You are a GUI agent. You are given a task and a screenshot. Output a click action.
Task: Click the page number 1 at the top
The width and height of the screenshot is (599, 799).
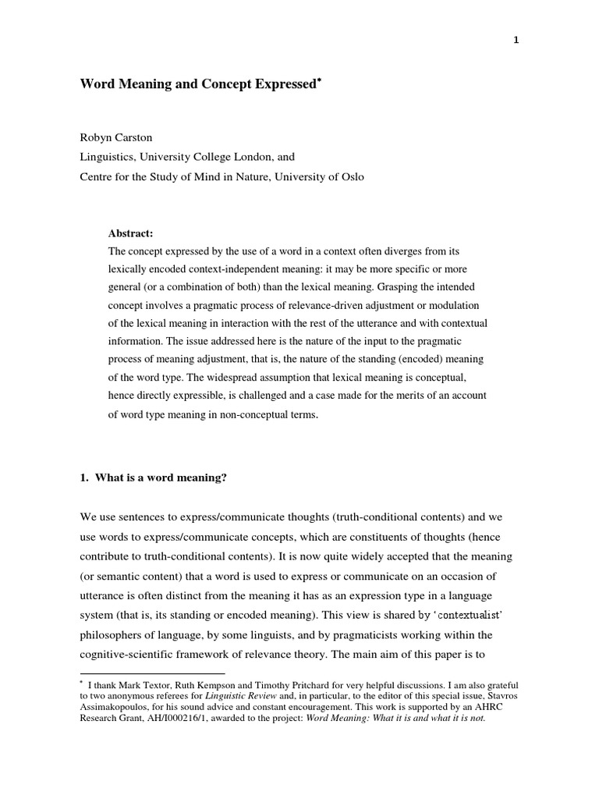click(x=516, y=41)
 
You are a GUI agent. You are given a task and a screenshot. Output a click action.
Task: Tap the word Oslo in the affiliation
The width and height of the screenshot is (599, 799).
click(x=349, y=176)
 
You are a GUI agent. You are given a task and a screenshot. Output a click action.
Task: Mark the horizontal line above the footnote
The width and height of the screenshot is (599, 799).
click(x=153, y=673)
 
